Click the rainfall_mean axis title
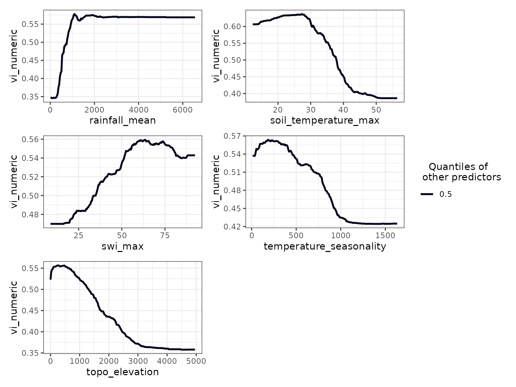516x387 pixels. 123,120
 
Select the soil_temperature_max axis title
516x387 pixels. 325,120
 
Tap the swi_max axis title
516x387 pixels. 123,246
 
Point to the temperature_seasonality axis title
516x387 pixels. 325,246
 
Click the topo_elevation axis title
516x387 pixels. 123,372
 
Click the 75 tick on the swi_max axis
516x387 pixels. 165,235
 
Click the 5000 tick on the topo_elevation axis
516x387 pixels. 196,361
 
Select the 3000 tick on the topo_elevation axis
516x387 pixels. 138,361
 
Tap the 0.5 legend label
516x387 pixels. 445,194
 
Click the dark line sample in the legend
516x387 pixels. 427,194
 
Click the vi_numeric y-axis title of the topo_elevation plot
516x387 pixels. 14,307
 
